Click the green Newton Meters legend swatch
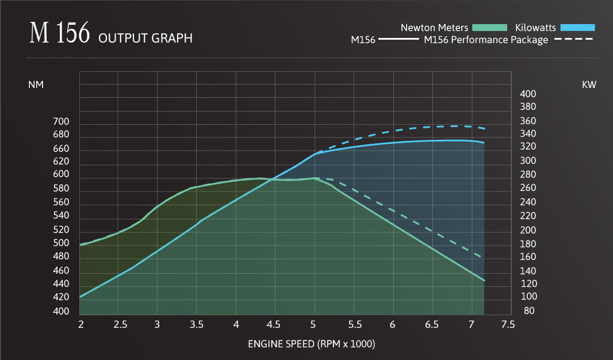[489, 27]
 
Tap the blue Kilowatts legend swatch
[577, 27]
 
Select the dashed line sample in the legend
[573, 40]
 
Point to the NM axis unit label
[36, 85]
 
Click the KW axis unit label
[589, 85]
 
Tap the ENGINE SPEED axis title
[311, 344]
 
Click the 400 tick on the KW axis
[528, 94]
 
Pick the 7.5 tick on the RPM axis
[508, 325]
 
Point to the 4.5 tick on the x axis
[274, 325]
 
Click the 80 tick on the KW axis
[530, 311]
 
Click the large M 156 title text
[60, 34]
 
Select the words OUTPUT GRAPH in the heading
[145, 39]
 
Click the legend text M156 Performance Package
[486, 40]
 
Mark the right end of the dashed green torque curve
[480, 256]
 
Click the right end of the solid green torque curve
[485, 281]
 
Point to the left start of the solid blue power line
[80, 297]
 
